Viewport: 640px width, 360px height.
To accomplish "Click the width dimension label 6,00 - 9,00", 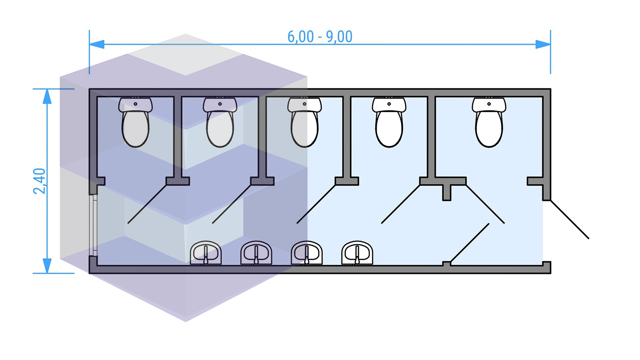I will pos(320,37).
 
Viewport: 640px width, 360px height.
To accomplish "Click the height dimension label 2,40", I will pos(40,181).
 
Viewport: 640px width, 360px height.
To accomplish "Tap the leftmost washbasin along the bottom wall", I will pos(206,253).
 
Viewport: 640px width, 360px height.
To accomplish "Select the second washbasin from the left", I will pos(256,253).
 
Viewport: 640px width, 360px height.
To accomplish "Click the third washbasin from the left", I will pos(307,253).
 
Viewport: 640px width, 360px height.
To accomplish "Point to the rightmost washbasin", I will pos(357,253).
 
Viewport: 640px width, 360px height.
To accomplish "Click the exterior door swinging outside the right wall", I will pos(570,219).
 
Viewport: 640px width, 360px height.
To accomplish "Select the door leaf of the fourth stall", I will pos(401,204).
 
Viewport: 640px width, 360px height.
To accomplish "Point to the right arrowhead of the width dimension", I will pos(543,44).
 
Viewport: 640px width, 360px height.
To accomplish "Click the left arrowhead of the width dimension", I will pos(97,44).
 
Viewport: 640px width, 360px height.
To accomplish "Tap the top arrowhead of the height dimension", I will pos(47,97).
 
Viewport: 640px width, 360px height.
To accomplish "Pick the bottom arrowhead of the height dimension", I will pos(47,265).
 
